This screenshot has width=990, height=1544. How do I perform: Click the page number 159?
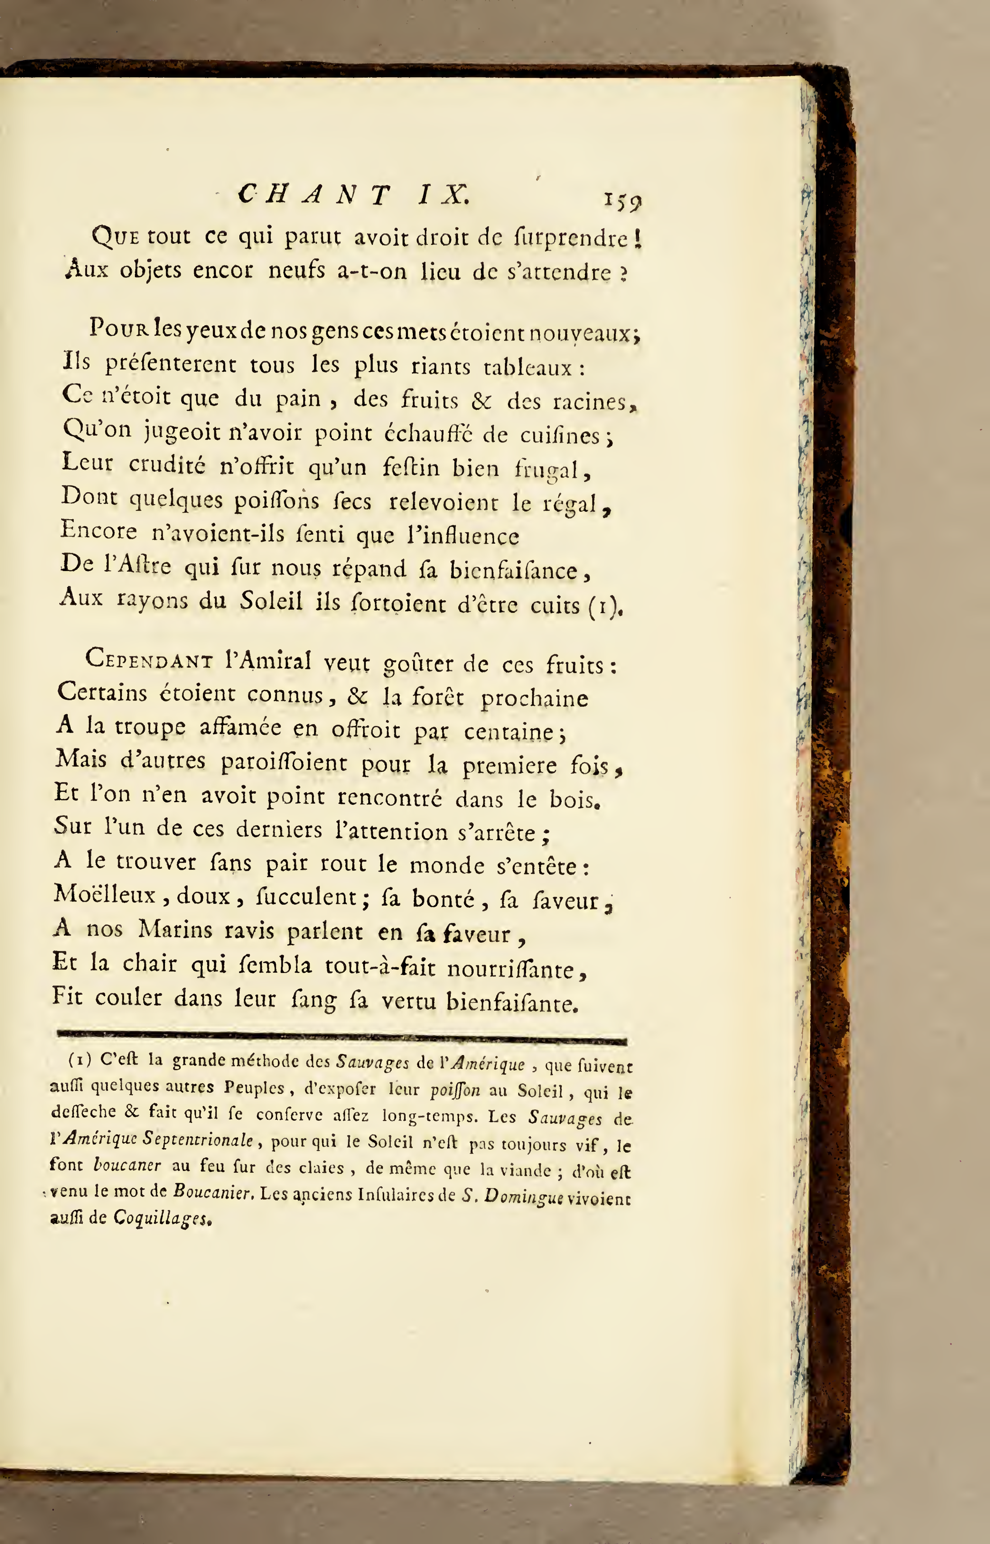click(622, 201)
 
